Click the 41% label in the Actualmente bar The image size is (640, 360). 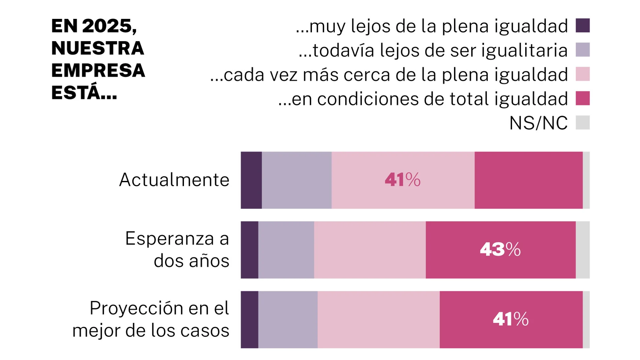click(x=403, y=180)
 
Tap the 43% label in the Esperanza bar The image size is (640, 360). click(x=500, y=250)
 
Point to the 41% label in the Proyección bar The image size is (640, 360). click(x=511, y=319)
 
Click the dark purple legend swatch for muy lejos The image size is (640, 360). click(x=582, y=26)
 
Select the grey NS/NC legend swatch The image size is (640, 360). click(x=582, y=123)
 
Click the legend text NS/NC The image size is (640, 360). click(x=538, y=123)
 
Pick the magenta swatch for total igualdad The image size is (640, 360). click(x=582, y=98)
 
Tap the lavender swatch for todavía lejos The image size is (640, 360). click(x=582, y=50)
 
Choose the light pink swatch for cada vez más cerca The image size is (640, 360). click(x=582, y=74)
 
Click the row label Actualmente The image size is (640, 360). click(x=174, y=180)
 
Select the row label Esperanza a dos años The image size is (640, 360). click(x=177, y=250)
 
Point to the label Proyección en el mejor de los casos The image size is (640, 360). click(x=151, y=319)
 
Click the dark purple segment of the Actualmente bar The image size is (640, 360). click(x=251, y=180)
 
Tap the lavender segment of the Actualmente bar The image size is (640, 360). click(x=296, y=180)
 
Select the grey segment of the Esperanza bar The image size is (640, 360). click(x=582, y=250)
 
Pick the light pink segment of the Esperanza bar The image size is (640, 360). click(x=370, y=250)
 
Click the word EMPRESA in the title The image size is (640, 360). click(x=98, y=70)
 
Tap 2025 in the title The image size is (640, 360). click(x=107, y=26)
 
